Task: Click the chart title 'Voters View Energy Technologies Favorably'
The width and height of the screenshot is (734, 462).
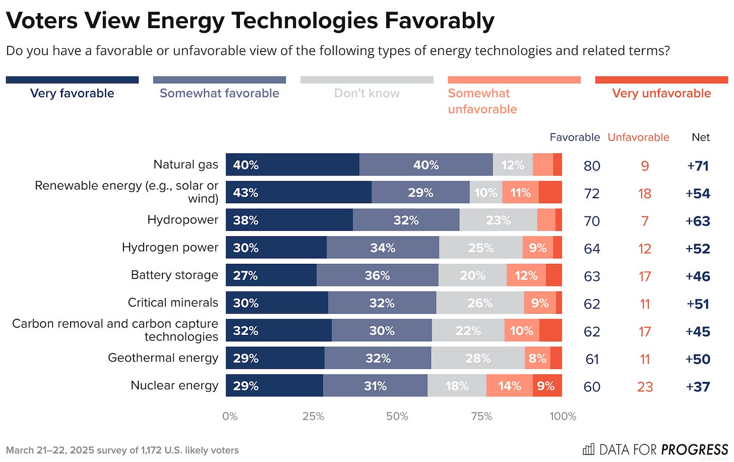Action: tap(250, 21)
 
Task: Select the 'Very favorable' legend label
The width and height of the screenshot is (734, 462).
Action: tap(72, 93)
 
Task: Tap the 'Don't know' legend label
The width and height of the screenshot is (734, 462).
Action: tap(366, 93)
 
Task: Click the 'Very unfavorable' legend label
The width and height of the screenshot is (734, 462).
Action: tap(661, 93)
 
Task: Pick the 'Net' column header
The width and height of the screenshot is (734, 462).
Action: tap(700, 137)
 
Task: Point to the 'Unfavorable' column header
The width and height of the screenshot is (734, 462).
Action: tap(638, 137)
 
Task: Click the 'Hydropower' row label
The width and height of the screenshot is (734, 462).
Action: tap(182, 220)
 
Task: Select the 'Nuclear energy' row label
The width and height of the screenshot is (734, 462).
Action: tap(174, 385)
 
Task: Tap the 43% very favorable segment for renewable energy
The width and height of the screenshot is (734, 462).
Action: tap(298, 193)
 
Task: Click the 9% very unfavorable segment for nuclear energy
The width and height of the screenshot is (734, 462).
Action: tap(547, 386)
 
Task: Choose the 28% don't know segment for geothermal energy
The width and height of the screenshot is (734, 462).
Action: tap(478, 358)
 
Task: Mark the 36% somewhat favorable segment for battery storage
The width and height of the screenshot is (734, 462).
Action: tap(377, 275)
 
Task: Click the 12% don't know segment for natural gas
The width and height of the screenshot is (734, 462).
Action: tap(513, 165)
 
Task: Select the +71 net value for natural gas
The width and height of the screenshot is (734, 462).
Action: tap(698, 166)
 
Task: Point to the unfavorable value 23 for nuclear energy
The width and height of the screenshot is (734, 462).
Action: tap(645, 387)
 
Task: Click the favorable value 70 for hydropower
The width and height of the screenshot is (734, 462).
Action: tap(592, 221)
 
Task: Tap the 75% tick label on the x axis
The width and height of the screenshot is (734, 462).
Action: tap(481, 416)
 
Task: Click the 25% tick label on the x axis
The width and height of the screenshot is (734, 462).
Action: tap(313, 416)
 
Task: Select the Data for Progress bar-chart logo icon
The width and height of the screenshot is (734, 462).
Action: tap(588, 449)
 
